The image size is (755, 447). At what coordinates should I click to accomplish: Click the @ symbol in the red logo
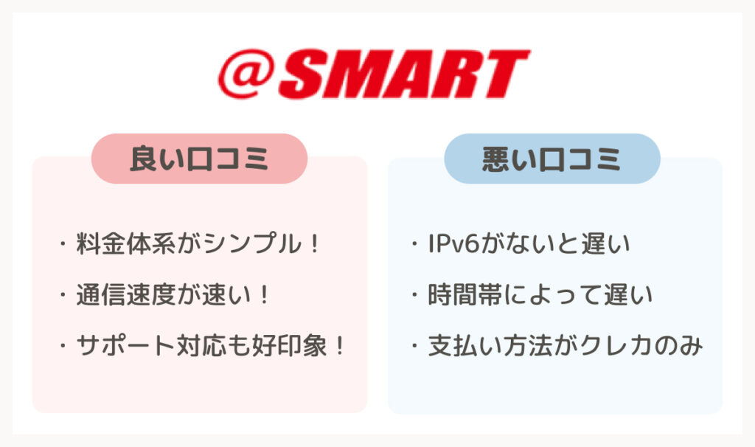(x=246, y=74)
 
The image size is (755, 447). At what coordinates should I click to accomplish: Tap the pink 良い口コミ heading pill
(x=199, y=159)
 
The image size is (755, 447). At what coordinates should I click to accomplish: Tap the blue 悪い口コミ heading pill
(x=552, y=159)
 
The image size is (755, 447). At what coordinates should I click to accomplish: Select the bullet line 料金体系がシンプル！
(x=189, y=243)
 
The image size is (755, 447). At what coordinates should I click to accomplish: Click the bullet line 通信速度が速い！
(x=164, y=295)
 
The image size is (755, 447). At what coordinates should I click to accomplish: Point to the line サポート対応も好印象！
(x=201, y=346)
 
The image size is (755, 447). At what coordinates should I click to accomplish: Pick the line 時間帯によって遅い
(x=532, y=295)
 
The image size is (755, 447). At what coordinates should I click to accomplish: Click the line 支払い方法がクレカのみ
(x=557, y=346)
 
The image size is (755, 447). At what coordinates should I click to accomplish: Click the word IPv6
(x=453, y=243)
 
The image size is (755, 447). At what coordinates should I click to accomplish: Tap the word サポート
(x=125, y=346)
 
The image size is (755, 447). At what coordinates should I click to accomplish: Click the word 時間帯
(x=465, y=295)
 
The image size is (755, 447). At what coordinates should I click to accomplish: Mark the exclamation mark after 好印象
(x=339, y=346)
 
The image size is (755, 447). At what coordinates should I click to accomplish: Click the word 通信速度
(x=125, y=295)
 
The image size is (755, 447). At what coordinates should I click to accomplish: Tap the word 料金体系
(x=125, y=243)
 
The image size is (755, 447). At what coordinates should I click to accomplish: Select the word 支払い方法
(x=490, y=346)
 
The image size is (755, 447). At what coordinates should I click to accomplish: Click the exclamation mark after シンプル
(x=314, y=243)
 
